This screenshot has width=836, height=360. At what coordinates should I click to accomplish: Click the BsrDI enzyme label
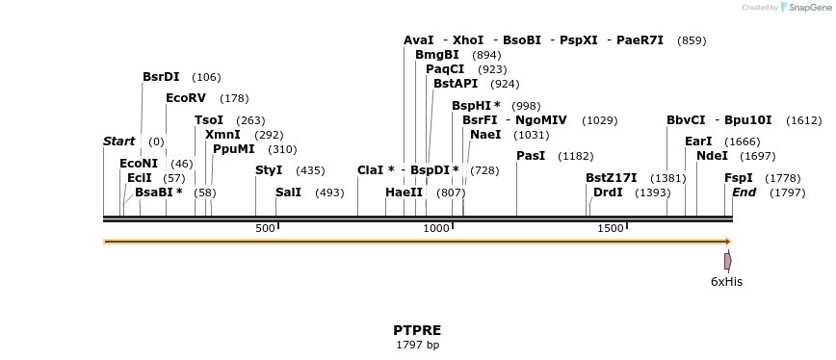161,77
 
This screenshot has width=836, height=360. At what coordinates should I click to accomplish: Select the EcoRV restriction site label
186,98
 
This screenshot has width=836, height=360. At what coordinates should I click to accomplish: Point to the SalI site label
288,193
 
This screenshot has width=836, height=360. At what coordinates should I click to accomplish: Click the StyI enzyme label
269,170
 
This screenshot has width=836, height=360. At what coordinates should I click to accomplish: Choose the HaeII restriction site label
404,193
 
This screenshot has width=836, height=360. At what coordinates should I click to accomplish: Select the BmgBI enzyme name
436,55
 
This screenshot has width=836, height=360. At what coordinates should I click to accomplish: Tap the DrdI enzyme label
608,193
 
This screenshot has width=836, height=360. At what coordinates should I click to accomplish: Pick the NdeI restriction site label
712,156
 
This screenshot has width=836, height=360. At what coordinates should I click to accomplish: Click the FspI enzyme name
739,178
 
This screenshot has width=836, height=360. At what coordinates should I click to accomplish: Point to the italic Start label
118,141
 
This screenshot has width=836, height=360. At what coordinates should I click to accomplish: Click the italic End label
744,193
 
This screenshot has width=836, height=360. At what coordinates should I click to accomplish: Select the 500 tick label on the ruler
265,228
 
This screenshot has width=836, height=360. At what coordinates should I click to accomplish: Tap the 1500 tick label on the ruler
611,228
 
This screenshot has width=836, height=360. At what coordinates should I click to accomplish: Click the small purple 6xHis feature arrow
728,261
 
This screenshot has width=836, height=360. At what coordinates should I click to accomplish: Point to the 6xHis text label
726,282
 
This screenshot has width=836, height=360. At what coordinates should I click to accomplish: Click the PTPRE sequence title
417,330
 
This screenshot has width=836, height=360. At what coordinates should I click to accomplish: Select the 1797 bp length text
417,345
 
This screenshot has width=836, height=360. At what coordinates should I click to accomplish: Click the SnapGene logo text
805,8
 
